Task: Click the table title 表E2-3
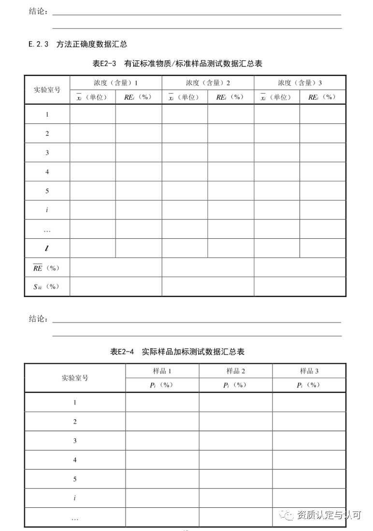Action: click(x=177, y=64)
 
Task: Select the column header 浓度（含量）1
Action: click(x=115, y=82)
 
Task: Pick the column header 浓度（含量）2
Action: click(x=208, y=82)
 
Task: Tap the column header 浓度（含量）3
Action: click(x=300, y=82)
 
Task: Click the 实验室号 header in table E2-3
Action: click(x=47, y=90)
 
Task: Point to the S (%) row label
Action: click(x=46, y=286)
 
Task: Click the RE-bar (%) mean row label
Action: click(x=46, y=268)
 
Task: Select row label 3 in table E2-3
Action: click(x=47, y=153)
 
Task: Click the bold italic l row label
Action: click(x=47, y=248)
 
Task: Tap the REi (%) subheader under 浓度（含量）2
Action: click(x=230, y=97)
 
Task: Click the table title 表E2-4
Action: click(x=177, y=352)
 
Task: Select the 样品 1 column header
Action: click(x=162, y=371)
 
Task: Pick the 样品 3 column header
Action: click(x=309, y=371)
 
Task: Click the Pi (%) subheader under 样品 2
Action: click(x=235, y=385)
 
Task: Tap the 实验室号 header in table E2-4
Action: click(x=75, y=378)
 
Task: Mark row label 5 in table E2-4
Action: click(x=75, y=479)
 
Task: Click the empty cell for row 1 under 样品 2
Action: click(x=235, y=402)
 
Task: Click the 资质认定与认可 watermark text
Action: click(x=329, y=515)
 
